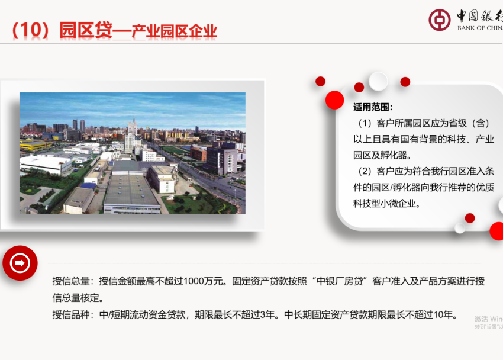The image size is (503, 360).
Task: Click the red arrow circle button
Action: (x=20, y=263)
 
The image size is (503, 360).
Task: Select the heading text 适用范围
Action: (x=373, y=107)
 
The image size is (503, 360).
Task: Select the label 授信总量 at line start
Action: (x=70, y=281)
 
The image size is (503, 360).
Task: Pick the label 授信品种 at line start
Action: (x=70, y=314)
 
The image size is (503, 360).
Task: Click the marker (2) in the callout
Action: (x=365, y=171)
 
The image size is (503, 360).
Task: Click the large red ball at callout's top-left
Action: (x=334, y=99)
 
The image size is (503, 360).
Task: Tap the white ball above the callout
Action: (x=378, y=81)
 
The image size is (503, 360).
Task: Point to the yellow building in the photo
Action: (x=33, y=144)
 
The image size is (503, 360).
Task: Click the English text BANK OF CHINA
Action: (x=479, y=28)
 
